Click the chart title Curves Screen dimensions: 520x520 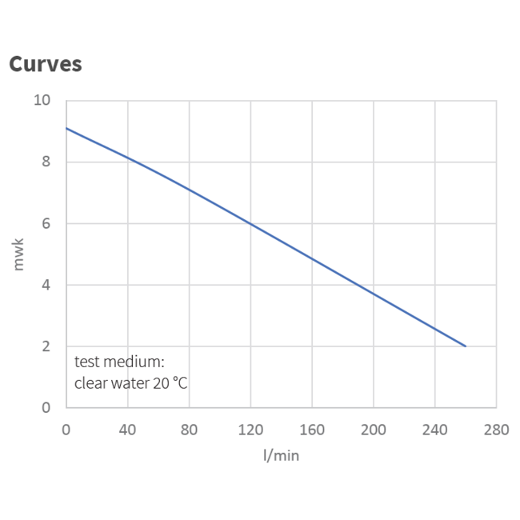45,64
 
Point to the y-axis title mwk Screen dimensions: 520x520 18,254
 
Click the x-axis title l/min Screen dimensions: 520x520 281,454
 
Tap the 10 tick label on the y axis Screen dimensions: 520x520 42,101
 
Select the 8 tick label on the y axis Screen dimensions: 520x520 46,162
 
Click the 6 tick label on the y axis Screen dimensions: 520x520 46,224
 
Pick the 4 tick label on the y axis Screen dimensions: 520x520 46,286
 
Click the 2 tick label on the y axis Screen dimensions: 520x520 46,346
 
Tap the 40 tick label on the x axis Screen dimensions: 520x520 127,430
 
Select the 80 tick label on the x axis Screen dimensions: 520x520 189,430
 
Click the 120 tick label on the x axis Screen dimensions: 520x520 250,430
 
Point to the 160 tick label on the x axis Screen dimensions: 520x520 312,430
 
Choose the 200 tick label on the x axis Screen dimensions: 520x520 374,430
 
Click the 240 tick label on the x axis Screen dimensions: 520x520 434,430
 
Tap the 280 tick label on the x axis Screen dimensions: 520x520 496,430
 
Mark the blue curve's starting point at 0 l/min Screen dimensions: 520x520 66,128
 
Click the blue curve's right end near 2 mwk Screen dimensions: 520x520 465,346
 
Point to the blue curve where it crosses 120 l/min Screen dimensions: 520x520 250,224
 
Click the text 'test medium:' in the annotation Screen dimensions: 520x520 119,361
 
